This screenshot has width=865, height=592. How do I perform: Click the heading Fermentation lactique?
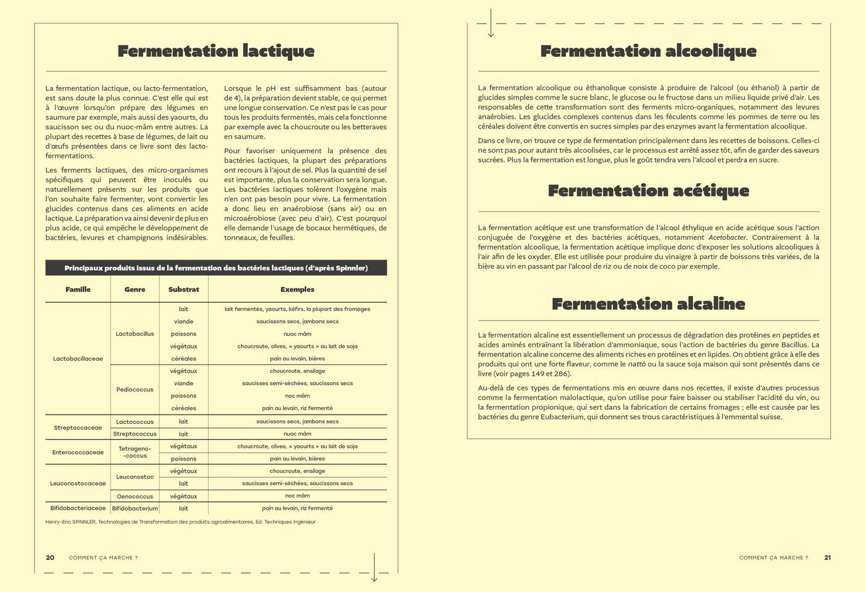click(216, 51)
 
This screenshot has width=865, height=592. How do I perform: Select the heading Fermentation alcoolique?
click(648, 51)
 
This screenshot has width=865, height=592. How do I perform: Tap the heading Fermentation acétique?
click(648, 190)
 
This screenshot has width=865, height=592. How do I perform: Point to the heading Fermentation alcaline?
click(648, 303)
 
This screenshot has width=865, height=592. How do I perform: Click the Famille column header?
click(78, 289)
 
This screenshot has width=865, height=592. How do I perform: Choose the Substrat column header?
click(184, 289)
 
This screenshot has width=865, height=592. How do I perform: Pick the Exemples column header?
click(297, 289)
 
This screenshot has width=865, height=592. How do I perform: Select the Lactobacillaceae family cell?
click(78, 358)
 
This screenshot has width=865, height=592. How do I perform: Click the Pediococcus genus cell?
click(135, 389)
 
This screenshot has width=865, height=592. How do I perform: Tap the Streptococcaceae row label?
click(78, 428)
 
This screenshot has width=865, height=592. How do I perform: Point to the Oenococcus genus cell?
click(135, 496)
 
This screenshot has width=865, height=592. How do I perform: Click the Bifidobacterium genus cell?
click(135, 509)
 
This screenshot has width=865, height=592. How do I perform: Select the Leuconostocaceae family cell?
click(78, 483)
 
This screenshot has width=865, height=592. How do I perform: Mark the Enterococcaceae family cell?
click(78, 452)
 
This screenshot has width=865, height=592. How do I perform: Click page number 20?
click(50, 557)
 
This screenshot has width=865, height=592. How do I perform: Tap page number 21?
click(827, 557)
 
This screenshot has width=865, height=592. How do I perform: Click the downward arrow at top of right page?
click(491, 23)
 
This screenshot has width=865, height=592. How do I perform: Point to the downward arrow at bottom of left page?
click(374, 567)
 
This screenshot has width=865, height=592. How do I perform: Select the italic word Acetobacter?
click(727, 237)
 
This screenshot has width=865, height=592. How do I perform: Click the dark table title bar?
click(216, 268)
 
